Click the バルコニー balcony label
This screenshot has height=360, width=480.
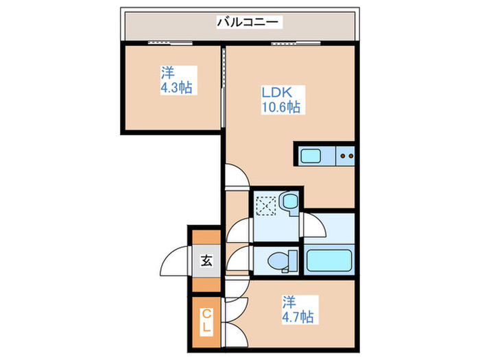249,22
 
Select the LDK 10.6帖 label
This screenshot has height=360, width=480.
283,100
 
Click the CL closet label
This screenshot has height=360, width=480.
206,320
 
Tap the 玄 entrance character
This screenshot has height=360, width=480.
206,261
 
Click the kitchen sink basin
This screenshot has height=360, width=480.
311,156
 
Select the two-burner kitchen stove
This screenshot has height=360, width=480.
346,156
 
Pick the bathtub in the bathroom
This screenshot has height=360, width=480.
329,261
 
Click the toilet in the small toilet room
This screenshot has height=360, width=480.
283,261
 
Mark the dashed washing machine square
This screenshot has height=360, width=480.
266,206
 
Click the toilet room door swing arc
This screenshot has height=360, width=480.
238,259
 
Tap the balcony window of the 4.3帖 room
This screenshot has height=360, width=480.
170,43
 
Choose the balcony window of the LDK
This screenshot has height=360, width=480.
296,43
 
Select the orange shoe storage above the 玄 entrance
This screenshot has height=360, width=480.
206,237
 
